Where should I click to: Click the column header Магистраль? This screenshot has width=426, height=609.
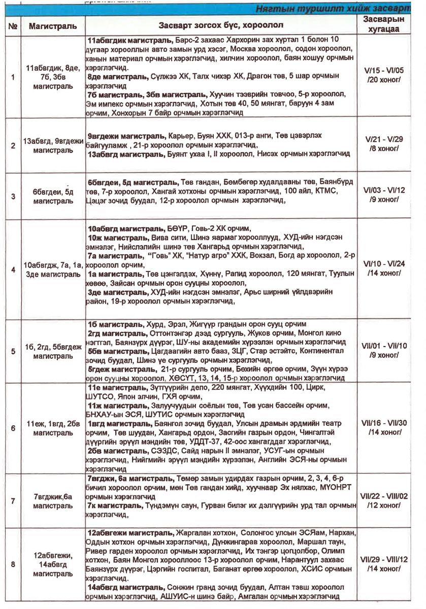pos(53,25)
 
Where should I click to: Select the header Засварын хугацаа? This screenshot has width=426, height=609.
pos(384,24)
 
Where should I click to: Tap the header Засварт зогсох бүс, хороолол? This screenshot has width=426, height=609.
pos(221,25)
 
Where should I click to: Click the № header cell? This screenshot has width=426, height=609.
pos(13,25)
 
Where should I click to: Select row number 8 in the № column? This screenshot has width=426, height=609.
pos(13,564)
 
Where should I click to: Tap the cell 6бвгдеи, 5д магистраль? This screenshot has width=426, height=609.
pos(53,196)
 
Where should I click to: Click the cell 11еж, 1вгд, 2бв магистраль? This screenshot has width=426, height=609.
pos(53,428)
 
